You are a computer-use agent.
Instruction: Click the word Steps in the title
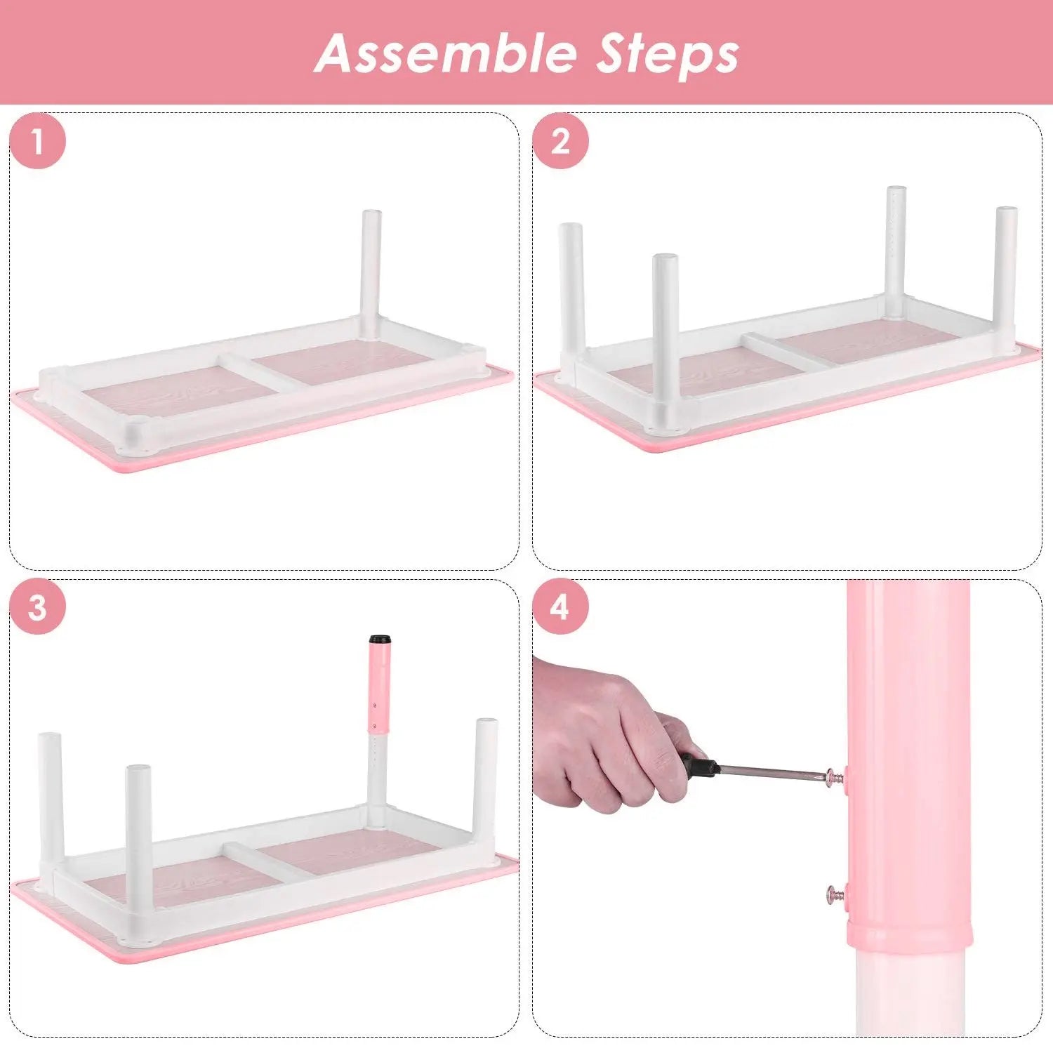click(668, 54)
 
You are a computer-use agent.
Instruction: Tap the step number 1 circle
click(37, 141)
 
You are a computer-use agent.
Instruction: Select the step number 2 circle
click(560, 141)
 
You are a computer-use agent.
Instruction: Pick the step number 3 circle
click(37, 607)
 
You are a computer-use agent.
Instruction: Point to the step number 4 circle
click(560, 607)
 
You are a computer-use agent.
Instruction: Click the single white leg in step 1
click(371, 267)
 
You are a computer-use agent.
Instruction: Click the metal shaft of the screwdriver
click(772, 771)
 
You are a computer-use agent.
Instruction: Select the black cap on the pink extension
click(380, 640)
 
